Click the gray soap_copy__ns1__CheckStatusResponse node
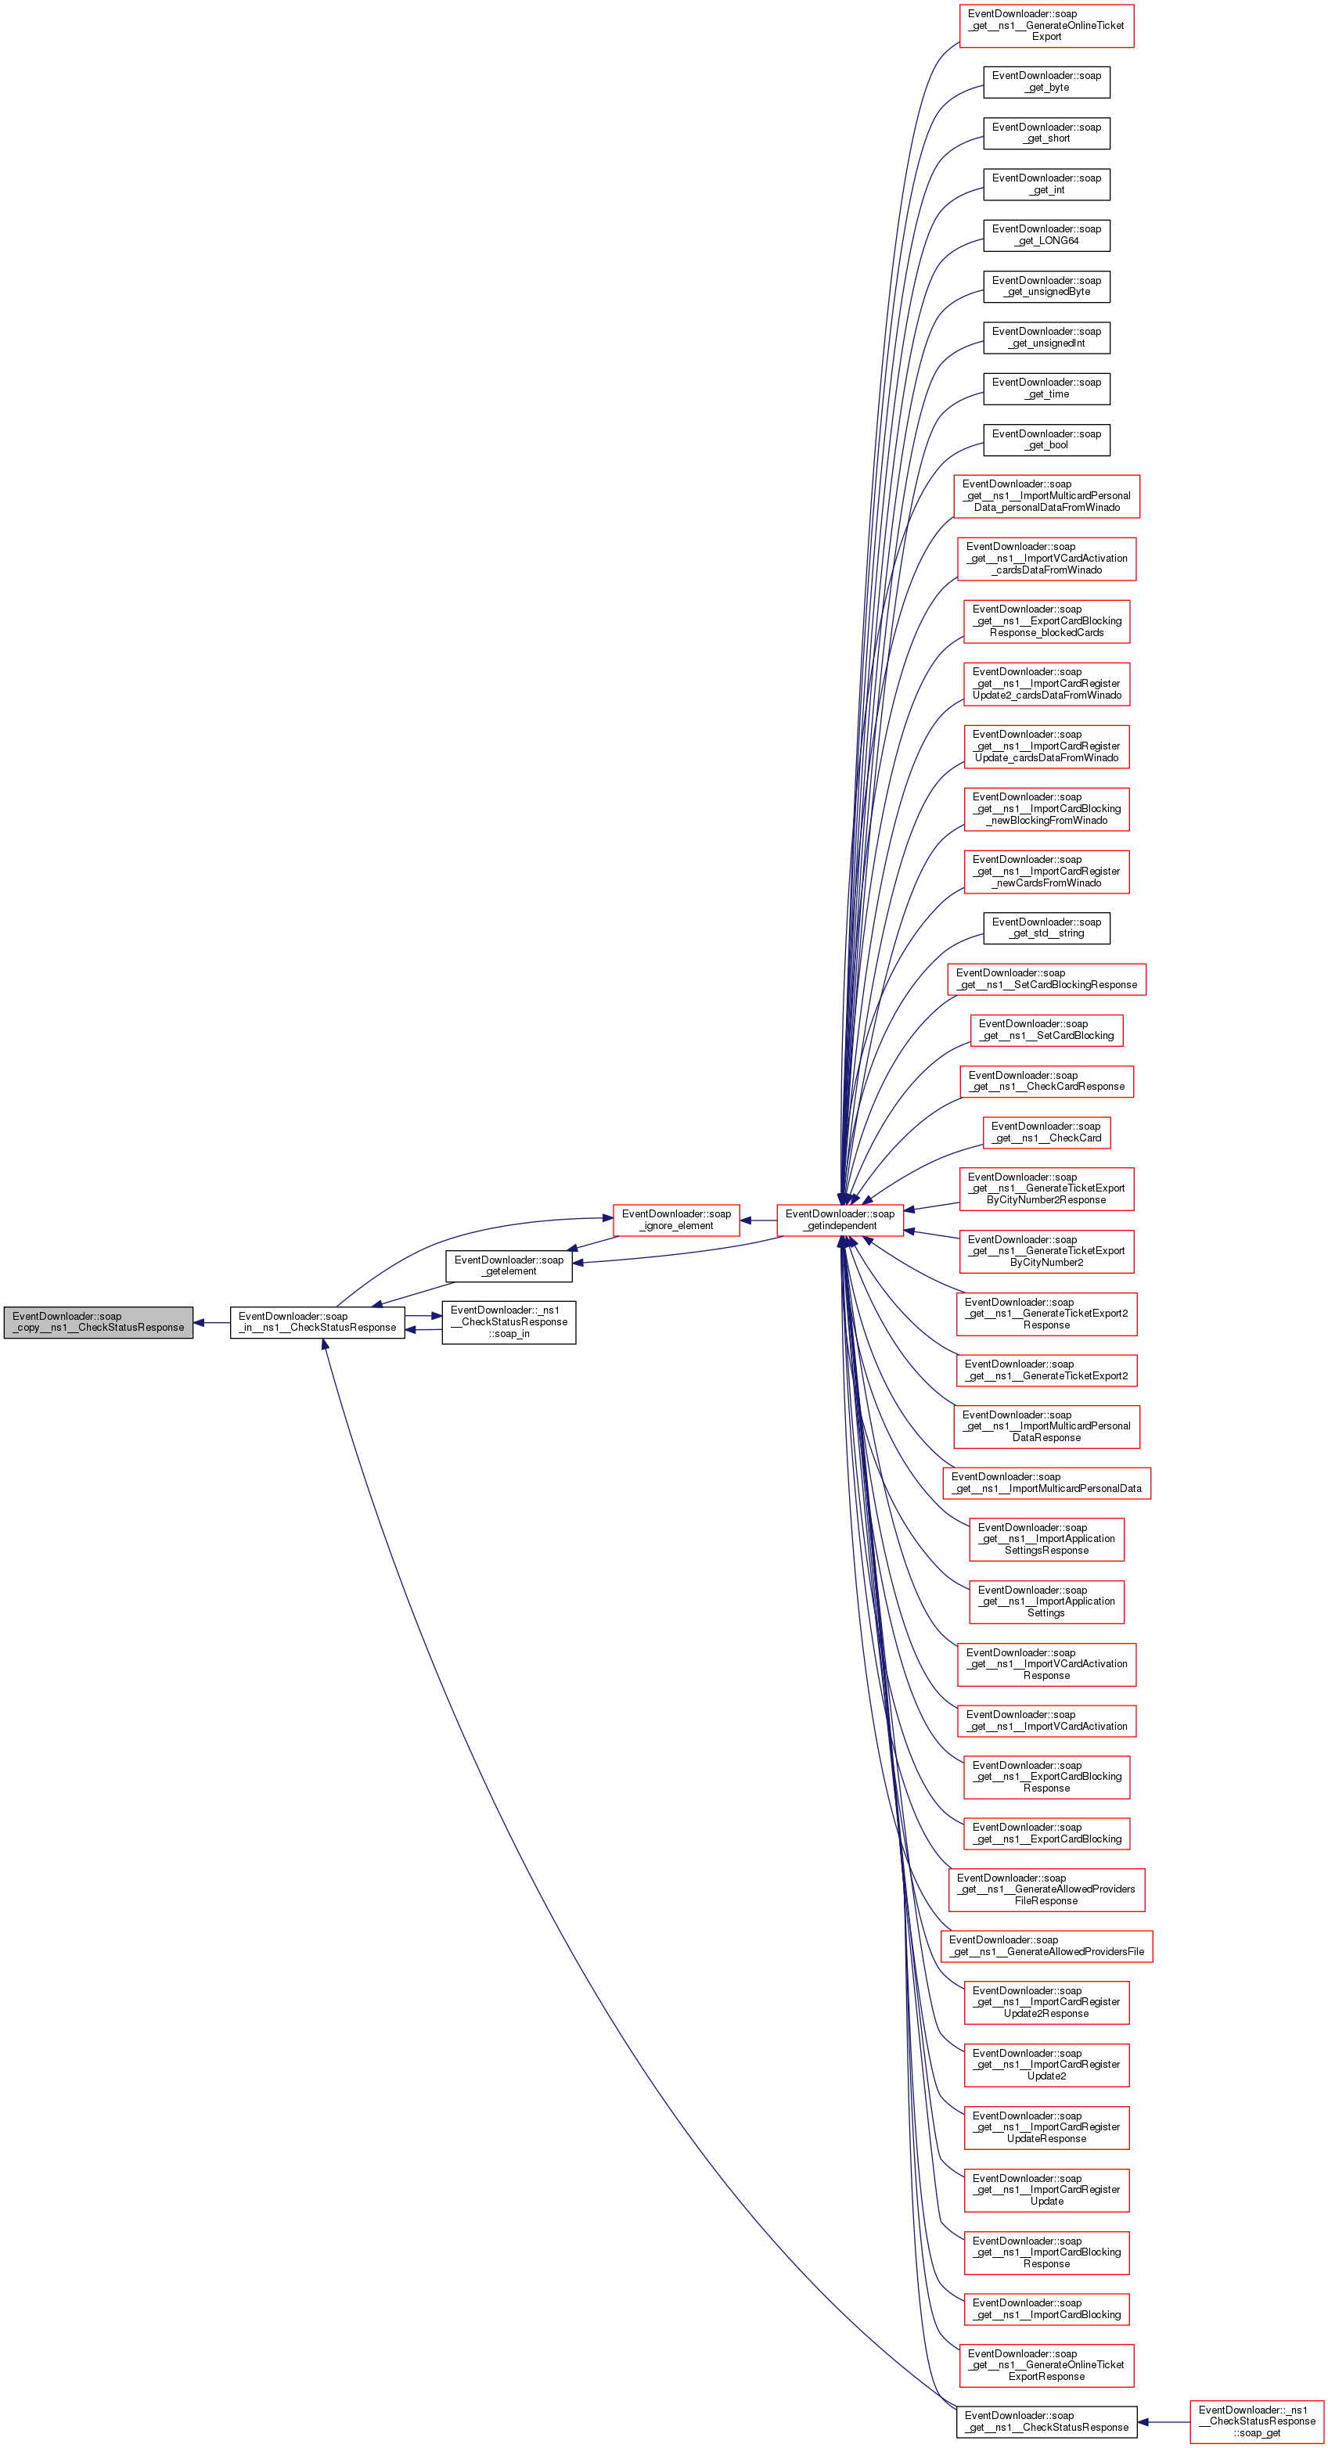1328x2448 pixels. point(98,1322)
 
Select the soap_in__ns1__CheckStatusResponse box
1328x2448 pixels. point(317,1322)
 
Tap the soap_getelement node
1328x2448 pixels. point(509,1265)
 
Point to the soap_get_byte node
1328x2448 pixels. point(1045,81)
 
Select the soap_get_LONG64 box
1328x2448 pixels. point(1045,235)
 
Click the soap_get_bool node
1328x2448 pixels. point(1045,439)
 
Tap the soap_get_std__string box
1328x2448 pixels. point(1045,928)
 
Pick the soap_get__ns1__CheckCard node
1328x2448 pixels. point(1045,1132)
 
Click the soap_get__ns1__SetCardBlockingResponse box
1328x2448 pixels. point(1045,979)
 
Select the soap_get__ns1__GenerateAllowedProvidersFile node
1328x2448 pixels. point(1045,1945)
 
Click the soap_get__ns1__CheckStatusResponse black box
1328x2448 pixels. point(1045,2421)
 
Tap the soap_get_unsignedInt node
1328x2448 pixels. point(1045,337)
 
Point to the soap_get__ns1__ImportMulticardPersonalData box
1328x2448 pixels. point(1045,1483)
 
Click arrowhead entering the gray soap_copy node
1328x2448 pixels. point(200,1322)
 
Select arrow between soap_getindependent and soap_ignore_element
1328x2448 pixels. point(758,1220)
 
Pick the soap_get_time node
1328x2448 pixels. point(1045,388)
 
